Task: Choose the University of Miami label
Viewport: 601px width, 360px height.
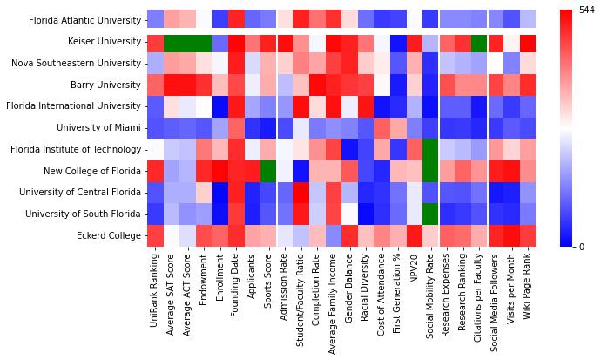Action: [100, 127]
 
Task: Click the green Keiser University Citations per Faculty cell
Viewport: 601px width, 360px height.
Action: [478, 41]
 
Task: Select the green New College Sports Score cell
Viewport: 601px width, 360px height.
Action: [267, 170]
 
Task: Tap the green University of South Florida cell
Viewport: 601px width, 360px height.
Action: [429, 214]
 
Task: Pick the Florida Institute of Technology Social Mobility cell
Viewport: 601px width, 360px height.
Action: [429, 149]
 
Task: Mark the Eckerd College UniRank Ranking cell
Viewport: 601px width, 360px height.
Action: [155, 234]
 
